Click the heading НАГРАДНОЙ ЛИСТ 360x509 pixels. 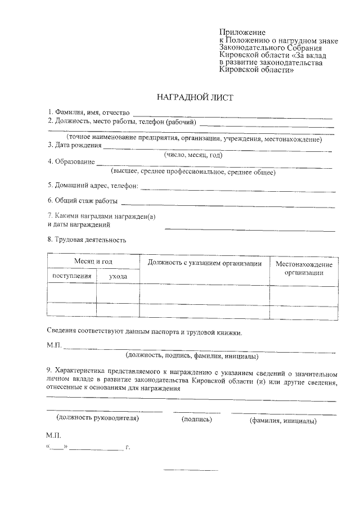click(195, 97)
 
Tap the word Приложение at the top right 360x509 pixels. click(242, 33)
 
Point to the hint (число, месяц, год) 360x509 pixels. click(193, 155)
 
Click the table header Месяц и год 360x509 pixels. click(93, 262)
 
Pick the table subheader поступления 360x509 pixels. click(71, 276)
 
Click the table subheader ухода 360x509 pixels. click(118, 277)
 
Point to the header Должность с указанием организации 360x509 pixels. click(205, 263)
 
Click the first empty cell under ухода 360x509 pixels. click(118, 293)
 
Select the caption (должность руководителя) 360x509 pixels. click(97, 418)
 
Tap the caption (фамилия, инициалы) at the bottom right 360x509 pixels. click(283, 421)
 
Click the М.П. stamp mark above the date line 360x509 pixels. click(53, 436)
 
